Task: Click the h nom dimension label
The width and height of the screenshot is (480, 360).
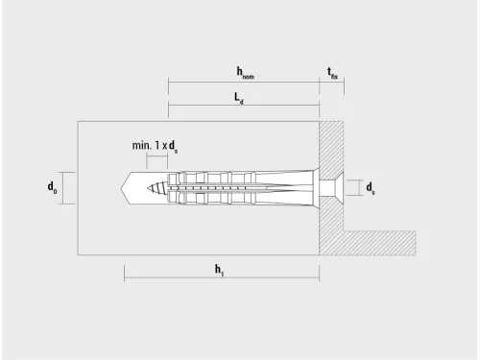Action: (x=245, y=73)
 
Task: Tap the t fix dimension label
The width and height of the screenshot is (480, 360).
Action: (x=332, y=73)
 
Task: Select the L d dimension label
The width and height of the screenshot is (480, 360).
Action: (x=239, y=98)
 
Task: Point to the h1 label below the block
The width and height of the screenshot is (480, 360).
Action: (x=219, y=270)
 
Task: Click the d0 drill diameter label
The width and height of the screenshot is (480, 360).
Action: (x=52, y=187)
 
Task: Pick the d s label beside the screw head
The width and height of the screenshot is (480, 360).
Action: (x=371, y=188)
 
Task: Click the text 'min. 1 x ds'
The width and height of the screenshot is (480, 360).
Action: (x=155, y=146)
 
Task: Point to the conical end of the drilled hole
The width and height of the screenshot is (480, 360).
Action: (x=126, y=188)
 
